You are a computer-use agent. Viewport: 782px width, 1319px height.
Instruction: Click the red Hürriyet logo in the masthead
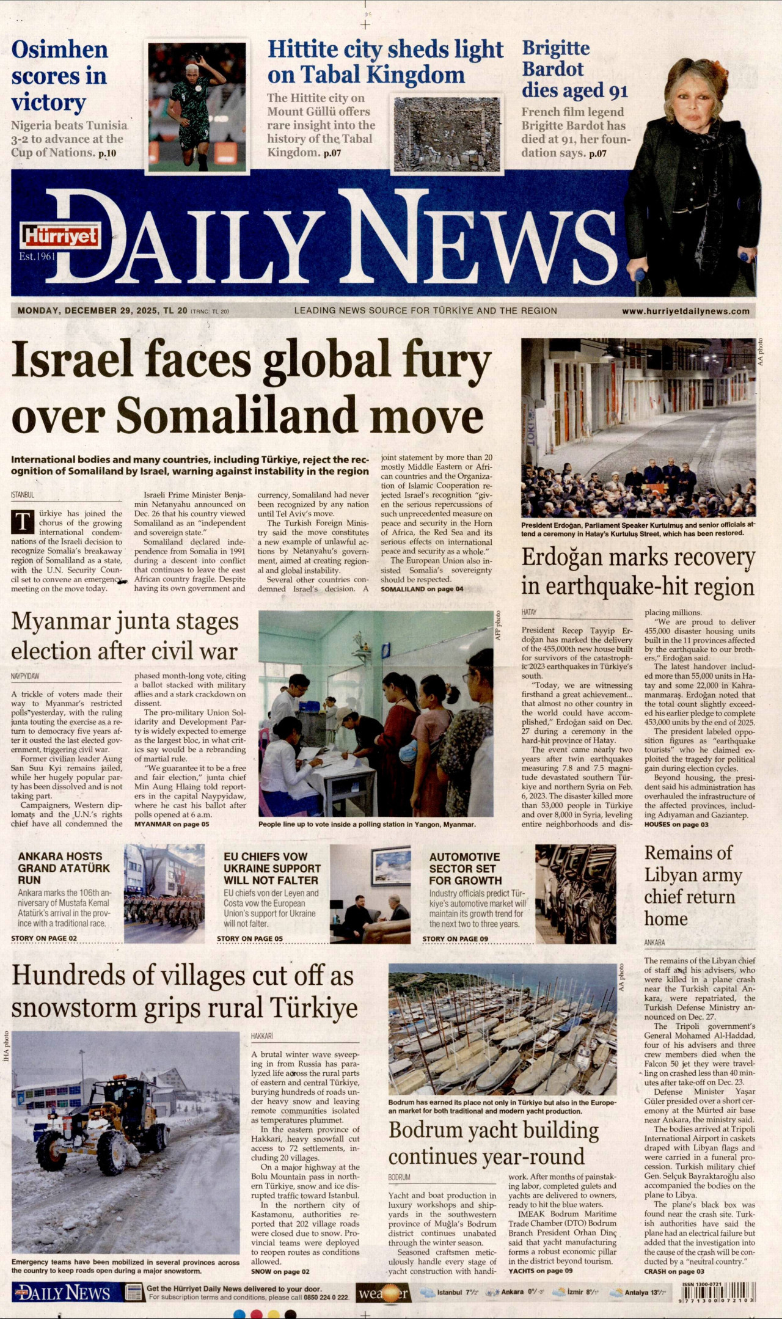point(60,236)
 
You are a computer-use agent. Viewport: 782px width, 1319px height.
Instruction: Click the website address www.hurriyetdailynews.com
point(685,311)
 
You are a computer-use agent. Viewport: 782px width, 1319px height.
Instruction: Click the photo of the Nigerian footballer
point(197,108)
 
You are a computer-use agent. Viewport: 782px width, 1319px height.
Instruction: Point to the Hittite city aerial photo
point(447,134)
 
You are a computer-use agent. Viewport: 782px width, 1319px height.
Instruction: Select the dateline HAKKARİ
point(262,1037)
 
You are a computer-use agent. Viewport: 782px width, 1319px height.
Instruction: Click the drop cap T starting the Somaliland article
point(23,522)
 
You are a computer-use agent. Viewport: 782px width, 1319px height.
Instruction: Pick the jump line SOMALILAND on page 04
point(422,589)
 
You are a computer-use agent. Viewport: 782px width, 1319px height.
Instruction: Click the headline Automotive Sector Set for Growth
point(464,868)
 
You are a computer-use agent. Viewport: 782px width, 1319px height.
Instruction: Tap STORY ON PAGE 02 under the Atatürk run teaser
point(44,938)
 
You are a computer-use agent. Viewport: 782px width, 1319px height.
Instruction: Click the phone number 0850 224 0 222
point(326,1297)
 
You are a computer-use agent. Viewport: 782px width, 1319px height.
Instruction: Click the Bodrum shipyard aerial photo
point(502,1029)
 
